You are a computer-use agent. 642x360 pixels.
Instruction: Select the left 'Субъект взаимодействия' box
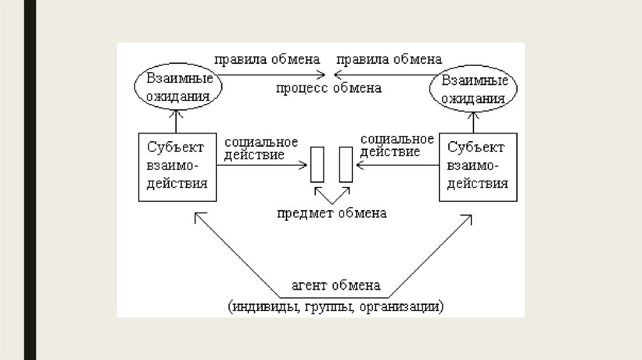coord(177,166)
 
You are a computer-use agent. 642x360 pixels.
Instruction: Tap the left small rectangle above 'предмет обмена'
coord(317,164)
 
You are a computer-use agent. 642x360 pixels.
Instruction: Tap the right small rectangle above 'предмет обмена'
coord(345,164)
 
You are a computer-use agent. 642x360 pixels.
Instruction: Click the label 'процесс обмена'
coord(329,88)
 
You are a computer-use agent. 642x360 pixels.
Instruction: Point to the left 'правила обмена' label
coord(267,60)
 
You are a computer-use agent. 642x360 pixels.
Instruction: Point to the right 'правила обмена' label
coord(389,60)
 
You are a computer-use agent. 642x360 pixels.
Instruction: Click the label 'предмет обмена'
coord(332,213)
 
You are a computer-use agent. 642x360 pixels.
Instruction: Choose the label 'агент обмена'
coord(335,286)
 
